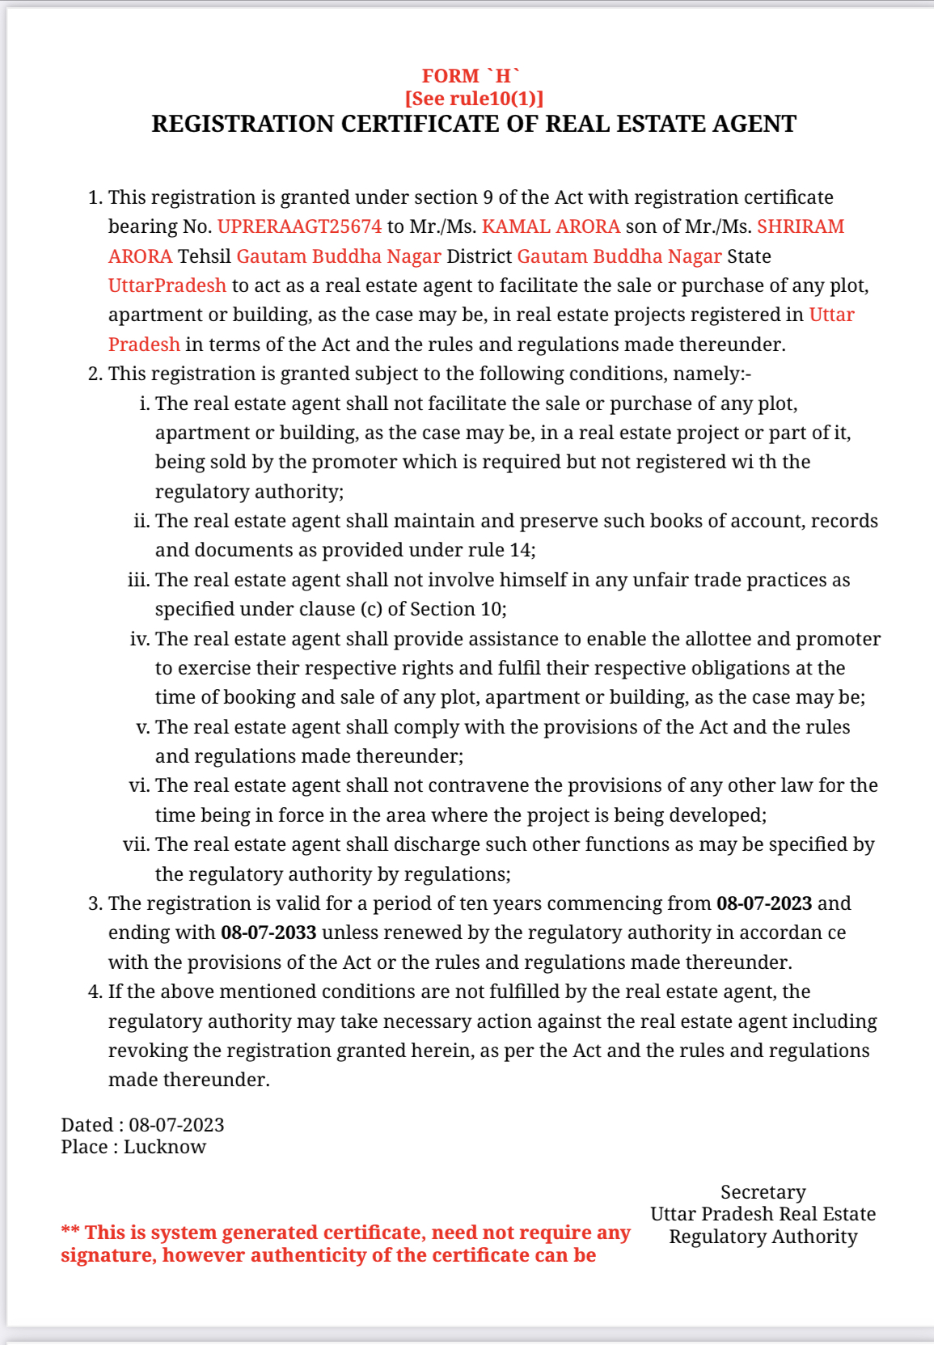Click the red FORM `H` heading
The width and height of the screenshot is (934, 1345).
point(471,76)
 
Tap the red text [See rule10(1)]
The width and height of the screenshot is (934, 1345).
point(474,99)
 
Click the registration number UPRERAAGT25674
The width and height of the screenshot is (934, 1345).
point(299,226)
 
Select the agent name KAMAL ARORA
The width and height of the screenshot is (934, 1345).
point(551,226)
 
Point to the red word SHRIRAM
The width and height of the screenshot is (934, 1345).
point(800,226)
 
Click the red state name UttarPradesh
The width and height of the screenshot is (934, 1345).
point(167,285)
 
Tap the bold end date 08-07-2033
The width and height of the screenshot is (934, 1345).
point(268,933)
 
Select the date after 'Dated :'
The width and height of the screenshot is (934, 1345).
point(176,1125)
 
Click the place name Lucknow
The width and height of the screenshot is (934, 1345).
point(165,1147)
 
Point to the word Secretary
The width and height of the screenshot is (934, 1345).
point(763,1192)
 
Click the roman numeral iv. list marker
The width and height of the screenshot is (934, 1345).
point(139,639)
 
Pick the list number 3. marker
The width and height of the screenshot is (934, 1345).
point(95,903)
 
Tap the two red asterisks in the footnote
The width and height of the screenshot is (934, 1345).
point(70,1232)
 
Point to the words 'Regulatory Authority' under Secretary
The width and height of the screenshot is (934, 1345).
point(763,1237)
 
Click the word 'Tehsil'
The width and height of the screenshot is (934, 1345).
point(204,256)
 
